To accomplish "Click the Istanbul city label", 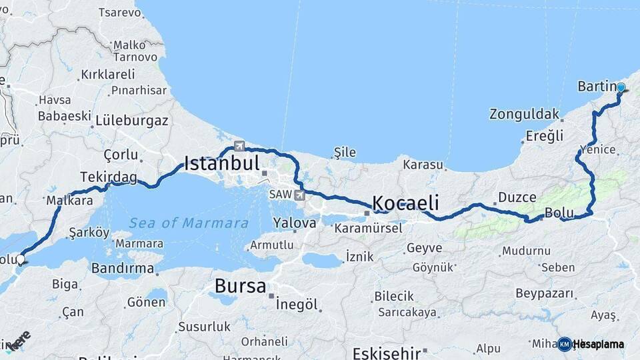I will [x=221, y=163].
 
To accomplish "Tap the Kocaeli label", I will [x=405, y=203].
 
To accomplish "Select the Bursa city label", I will [x=240, y=287].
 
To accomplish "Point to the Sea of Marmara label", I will [x=189, y=223].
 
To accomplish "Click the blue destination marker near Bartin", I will [x=621, y=87].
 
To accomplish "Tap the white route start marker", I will [x=21, y=259].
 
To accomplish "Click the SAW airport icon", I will [x=299, y=195].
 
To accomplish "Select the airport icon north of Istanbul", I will [x=239, y=147].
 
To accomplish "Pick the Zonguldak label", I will [x=524, y=114].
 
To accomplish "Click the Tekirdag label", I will [x=108, y=177].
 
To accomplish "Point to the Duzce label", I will [x=517, y=197].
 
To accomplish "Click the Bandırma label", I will [x=122, y=268].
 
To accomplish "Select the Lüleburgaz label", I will [x=131, y=121].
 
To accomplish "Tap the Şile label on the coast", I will [x=345, y=153].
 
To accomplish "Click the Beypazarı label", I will [x=545, y=293].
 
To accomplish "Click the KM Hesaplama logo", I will [x=591, y=344].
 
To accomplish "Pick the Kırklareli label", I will [x=109, y=75].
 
